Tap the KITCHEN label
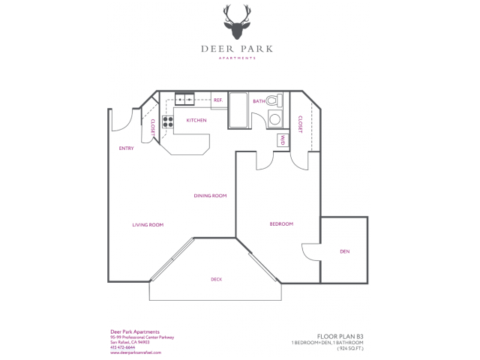pyautogui.click(x=196, y=120)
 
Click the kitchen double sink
pyautogui.click(x=184, y=99)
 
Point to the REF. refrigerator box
pyautogui.click(x=219, y=100)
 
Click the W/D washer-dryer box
pyautogui.click(x=283, y=139)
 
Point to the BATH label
pyautogui.click(x=259, y=101)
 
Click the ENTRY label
pyautogui.click(x=126, y=148)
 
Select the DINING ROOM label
pyautogui.click(x=210, y=196)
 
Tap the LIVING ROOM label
pyautogui.click(x=148, y=225)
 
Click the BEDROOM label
pyautogui.click(x=281, y=224)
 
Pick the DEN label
pyautogui.click(x=344, y=251)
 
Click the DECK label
pyautogui.click(x=216, y=280)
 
